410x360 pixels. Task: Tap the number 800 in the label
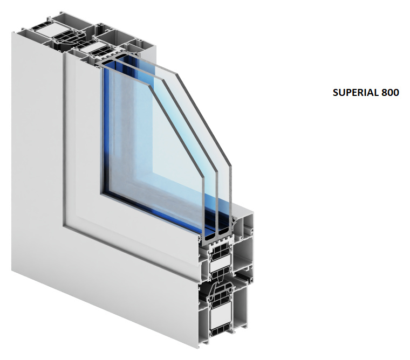click(391, 93)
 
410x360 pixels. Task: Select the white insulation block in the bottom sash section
click(220, 266)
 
